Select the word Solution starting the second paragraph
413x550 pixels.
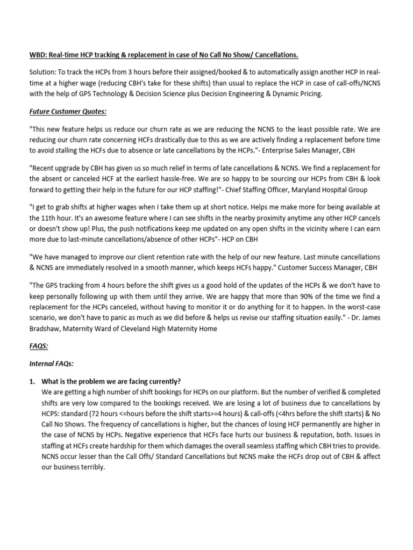(42, 73)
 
